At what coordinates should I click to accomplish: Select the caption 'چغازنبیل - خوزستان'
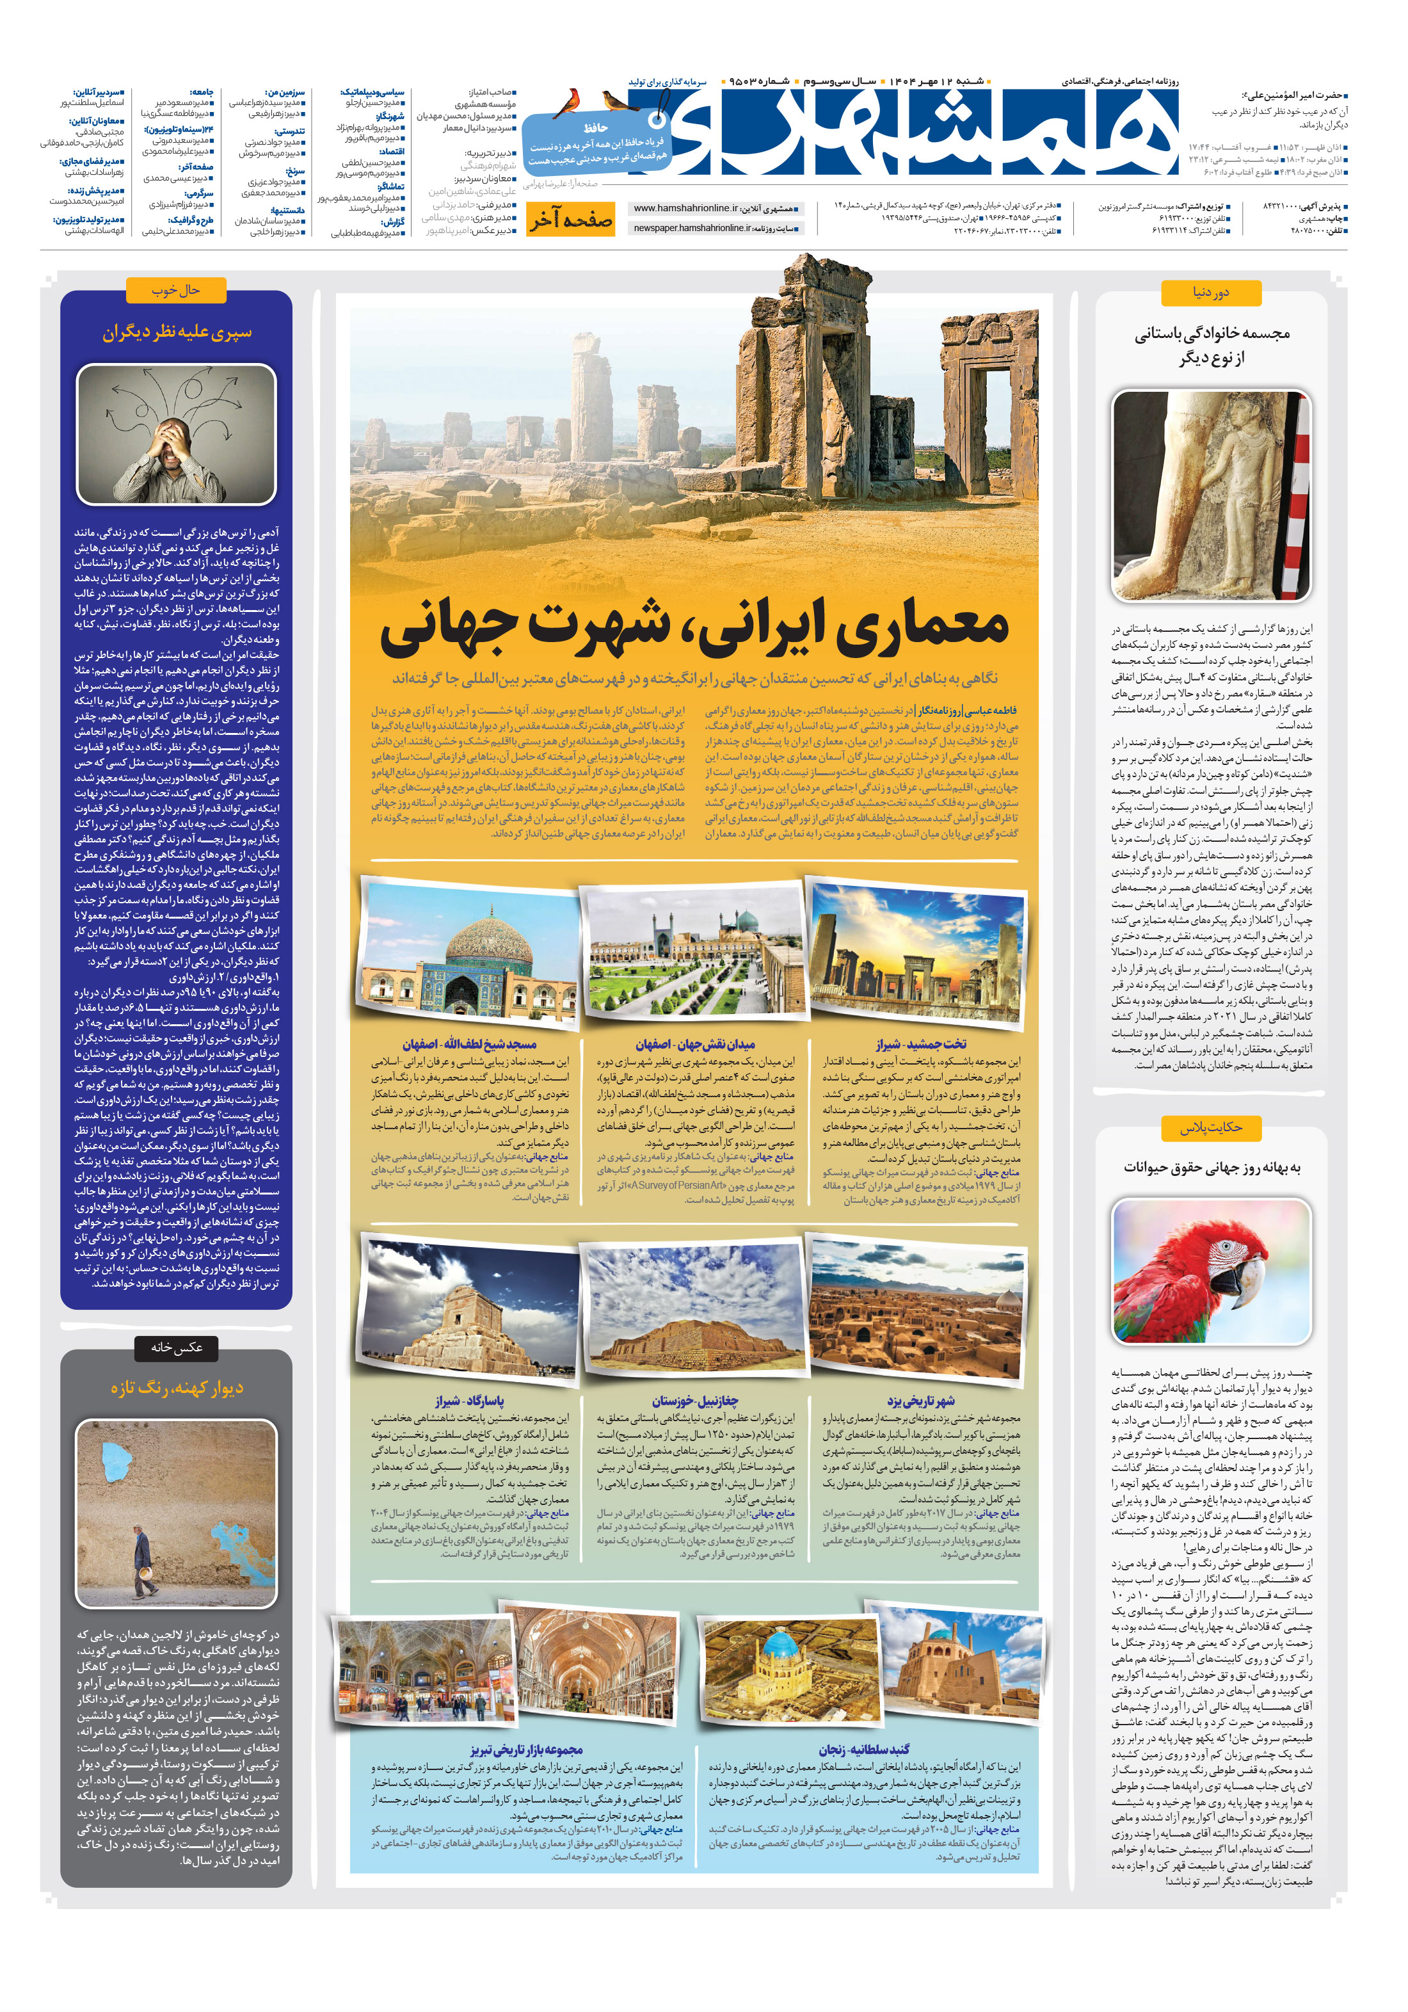(x=695, y=1401)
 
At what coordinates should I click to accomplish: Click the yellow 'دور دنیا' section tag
(x=1210, y=293)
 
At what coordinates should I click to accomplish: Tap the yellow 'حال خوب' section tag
(x=176, y=290)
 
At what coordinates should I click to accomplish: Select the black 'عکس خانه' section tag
(x=176, y=1347)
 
